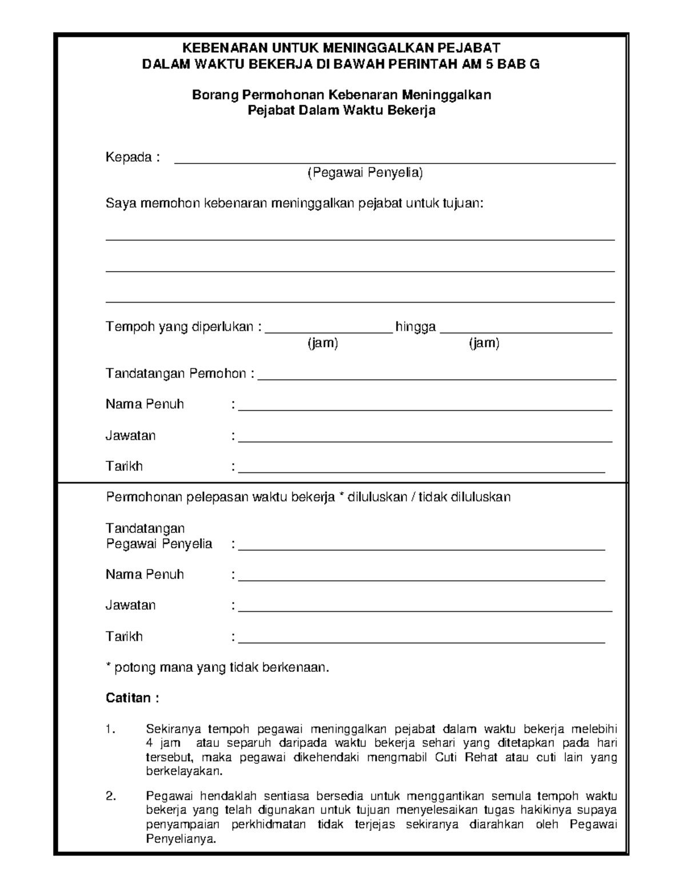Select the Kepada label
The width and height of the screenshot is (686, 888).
click(129, 157)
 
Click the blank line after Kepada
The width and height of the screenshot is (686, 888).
click(394, 162)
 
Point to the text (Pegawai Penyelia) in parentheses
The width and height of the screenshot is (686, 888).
click(365, 173)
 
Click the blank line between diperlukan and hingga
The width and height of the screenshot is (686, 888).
click(329, 330)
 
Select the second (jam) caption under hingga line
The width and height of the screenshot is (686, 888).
click(484, 343)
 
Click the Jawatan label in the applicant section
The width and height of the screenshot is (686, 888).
click(130, 436)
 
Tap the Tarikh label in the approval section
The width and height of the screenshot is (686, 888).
click(124, 636)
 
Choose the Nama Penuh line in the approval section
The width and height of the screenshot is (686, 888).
click(421, 579)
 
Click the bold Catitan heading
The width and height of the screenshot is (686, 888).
click(129, 698)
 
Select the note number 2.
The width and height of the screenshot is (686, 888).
click(111, 797)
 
